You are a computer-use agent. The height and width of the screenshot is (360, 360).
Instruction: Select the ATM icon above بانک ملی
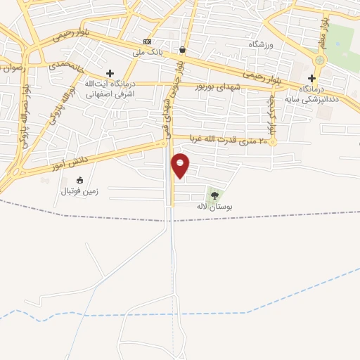coord(147,41)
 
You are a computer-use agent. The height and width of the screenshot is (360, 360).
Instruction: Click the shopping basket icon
coord(183,50)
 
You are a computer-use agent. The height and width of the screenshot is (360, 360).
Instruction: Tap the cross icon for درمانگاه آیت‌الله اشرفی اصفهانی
coord(110,73)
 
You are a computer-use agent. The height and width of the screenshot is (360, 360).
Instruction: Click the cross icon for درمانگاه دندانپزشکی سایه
coord(311,78)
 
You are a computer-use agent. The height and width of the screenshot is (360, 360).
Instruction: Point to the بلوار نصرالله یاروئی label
coord(24,112)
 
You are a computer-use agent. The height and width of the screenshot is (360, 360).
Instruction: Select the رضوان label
coord(13,68)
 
